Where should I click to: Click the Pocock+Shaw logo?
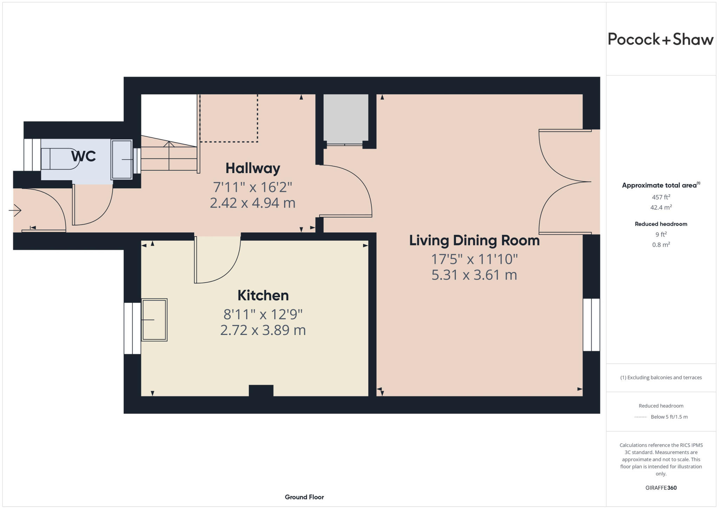point(660,39)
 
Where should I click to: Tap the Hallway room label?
point(252,168)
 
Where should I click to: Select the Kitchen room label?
point(263,295)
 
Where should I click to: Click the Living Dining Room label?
point(474,240)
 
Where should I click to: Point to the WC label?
point(83,156)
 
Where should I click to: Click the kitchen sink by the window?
point(154,320)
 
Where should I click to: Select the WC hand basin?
point(121,160)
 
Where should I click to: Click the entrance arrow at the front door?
point(15,211)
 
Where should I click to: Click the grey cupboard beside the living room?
point(345,118)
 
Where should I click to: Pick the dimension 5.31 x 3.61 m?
point(474,275)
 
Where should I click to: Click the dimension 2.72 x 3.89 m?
point(263,330)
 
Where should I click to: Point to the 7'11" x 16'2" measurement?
point(252,187)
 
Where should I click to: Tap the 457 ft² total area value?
point(661,197)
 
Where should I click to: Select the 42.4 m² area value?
point(661,207)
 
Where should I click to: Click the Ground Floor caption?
point(304,497)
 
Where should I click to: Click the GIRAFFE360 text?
point(661,488)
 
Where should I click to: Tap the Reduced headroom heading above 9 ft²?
point(661,224)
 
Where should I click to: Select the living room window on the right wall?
point(591,325)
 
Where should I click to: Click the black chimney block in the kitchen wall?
point(261,391)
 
